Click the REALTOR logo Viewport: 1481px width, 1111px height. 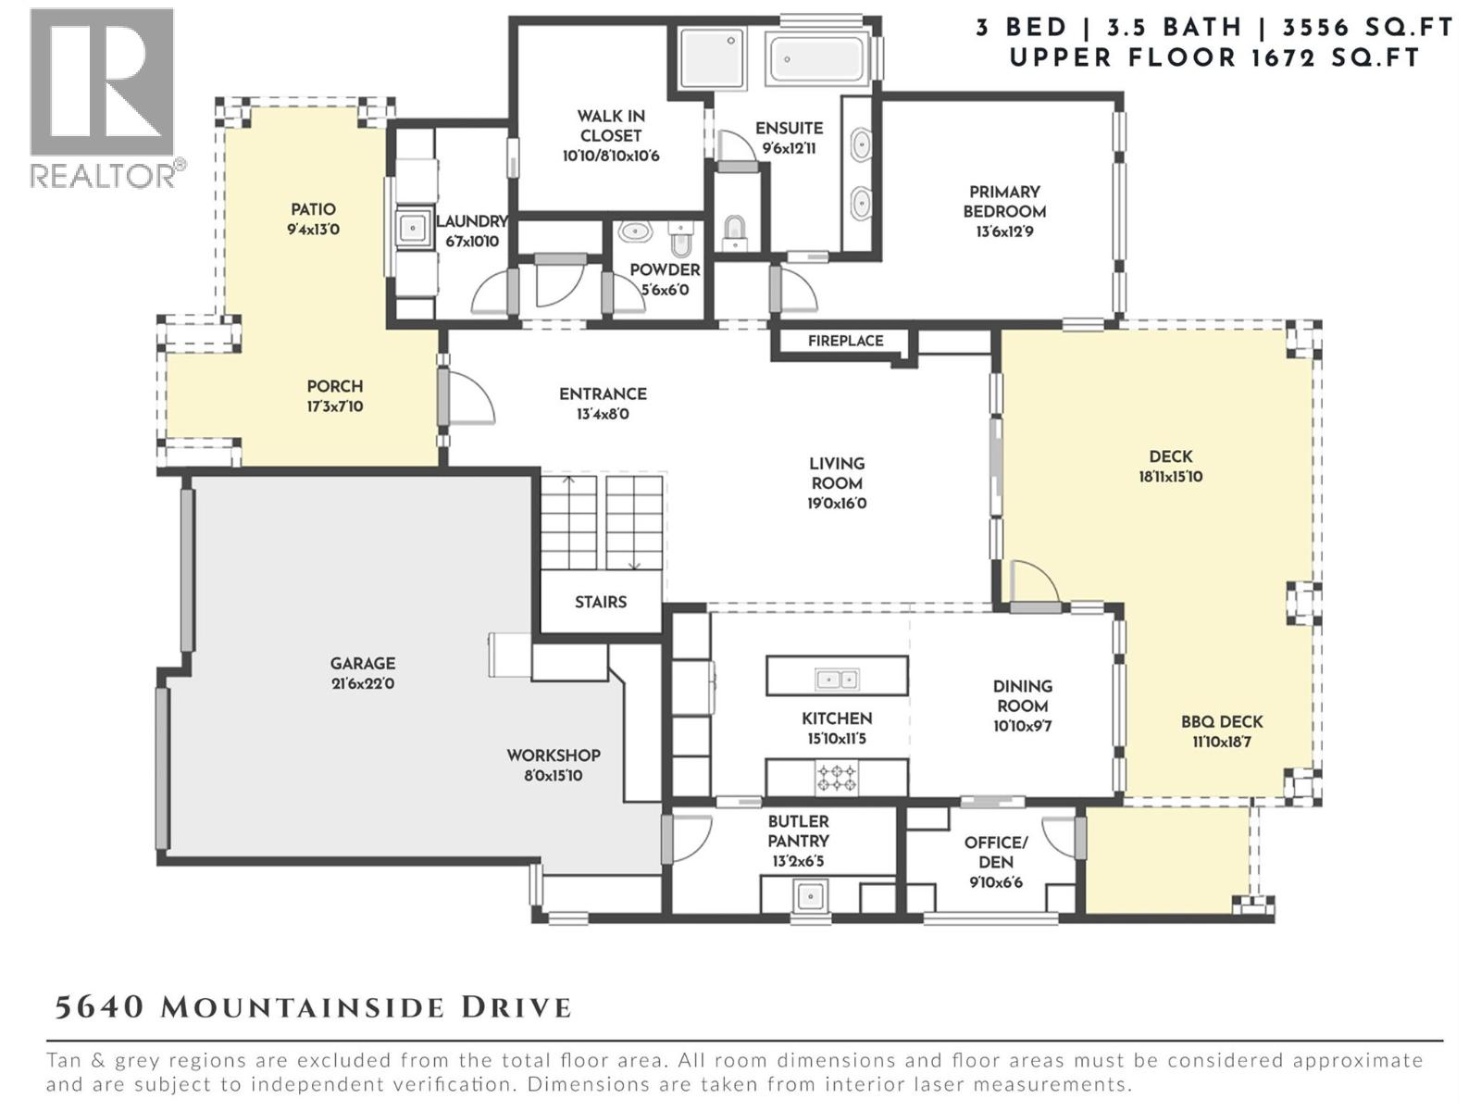coord(102,97)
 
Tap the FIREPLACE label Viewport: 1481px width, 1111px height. coord(845,341)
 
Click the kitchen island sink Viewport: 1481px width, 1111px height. coord(836,680)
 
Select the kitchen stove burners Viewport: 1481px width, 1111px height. coord(835,778)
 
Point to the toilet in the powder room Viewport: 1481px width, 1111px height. coord(680,239)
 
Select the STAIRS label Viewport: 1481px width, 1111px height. coord(600,602)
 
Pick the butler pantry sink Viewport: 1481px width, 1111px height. coord(811,896)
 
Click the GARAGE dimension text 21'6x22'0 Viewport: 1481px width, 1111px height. coord(363,684)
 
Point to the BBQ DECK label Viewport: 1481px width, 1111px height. coord(1222,722)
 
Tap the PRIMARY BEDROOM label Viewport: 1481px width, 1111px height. coord(1004,201)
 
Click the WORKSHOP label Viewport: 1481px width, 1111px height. coord(554,755)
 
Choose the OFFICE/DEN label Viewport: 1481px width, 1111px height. coord(996,852)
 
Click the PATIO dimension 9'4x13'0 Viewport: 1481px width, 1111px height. coord(313,230)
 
